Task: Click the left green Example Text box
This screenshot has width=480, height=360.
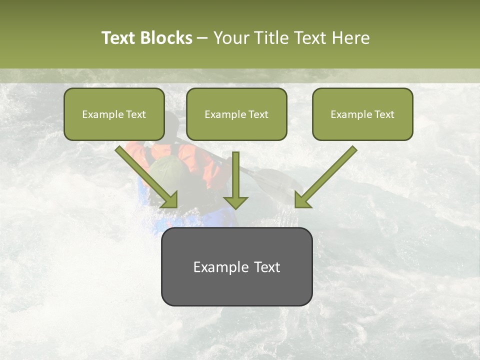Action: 114,114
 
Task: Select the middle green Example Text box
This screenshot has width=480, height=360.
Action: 236,114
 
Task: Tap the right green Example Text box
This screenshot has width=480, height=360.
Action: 362,114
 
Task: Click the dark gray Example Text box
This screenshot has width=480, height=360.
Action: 236,266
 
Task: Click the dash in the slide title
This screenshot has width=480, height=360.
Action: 202,38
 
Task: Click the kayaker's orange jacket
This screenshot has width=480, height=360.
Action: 205,160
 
